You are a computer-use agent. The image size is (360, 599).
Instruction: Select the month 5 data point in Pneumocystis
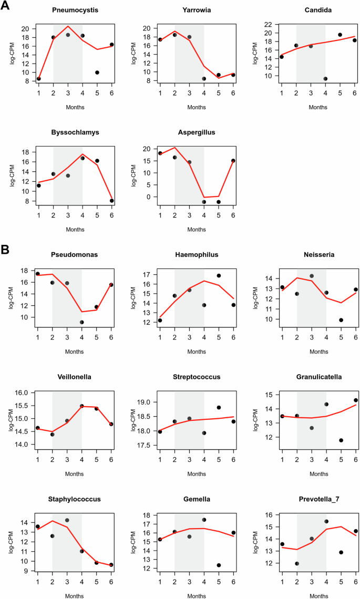click(x=97, y=73)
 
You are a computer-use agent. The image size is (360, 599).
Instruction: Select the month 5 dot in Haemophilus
click(x=219, y=275)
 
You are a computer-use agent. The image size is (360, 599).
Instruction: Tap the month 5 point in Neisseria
click(x=341, y=320)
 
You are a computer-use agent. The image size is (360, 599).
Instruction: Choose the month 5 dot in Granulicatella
click(x=341, y=440)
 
